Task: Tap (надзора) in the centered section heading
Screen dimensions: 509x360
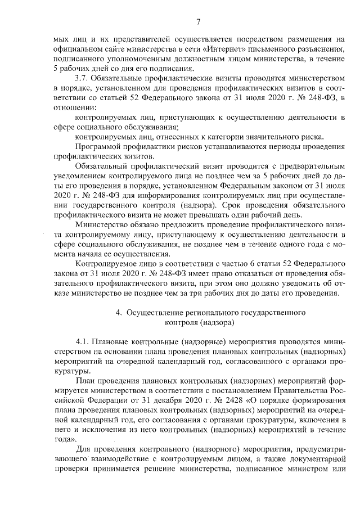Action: (210, 323)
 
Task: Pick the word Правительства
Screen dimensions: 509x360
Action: (299, 390)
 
